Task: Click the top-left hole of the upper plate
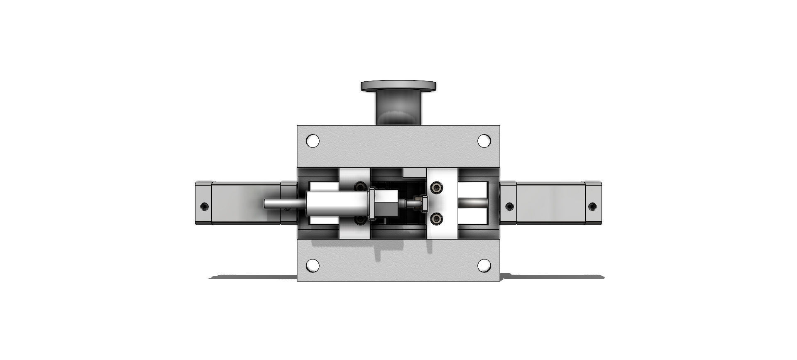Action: pos(313,141)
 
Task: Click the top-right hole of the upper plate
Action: pos(484,141)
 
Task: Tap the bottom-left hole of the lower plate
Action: pos(313,265)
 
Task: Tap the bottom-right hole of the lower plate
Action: pos(484,265)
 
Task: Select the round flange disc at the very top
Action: pos(398,86)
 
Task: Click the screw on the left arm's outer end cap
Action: pos(204,206)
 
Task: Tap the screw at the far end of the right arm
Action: pos(592,206)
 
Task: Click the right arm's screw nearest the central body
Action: pos(509,206)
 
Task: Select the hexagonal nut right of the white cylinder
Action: pos(385,203)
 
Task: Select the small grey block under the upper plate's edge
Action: pos(414,172)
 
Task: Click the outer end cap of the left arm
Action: pos(203,203)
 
